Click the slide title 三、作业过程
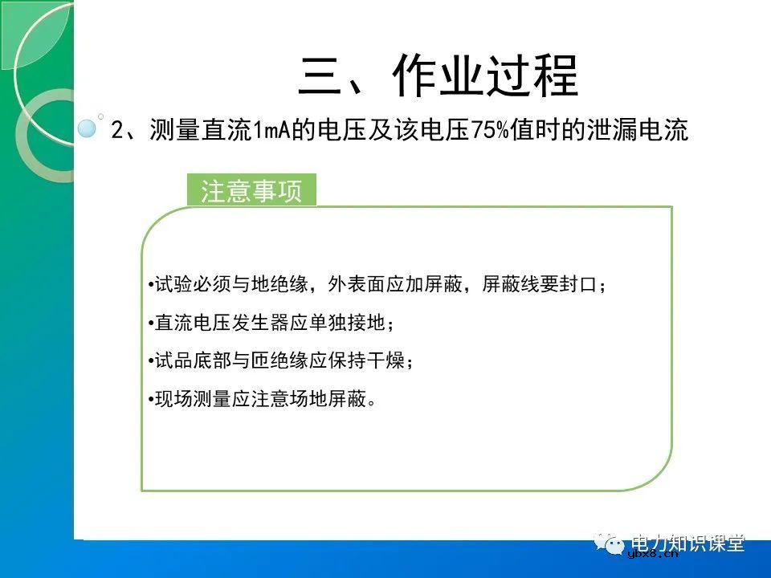[x=438, y=76]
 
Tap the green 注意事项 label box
[x=251, y=192]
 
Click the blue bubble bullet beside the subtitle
[x=87, y=128]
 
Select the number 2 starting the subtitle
[x=116, y=131]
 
